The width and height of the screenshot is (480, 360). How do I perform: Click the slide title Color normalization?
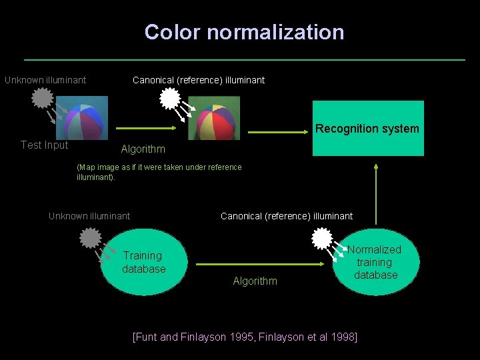(x=244, y=32)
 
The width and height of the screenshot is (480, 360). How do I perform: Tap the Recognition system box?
(x=367, y=129)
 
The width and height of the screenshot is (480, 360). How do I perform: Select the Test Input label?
(x=44, y=145)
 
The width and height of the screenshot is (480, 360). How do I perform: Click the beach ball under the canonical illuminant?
(x=214, y=118)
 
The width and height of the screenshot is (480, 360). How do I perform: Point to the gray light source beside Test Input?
(x=42, y=99)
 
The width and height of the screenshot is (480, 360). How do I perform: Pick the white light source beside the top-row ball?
(x=170, y=99)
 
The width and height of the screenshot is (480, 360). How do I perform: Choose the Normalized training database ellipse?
(x=375, y=262)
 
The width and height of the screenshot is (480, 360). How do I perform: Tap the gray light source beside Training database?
(x=90, y=237)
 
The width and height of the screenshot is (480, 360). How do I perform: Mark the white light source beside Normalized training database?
(x=322, y=238)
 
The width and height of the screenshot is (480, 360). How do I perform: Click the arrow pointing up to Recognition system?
(x=376, y=193)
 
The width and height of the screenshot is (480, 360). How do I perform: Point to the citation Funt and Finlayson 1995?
(x=245, y=337)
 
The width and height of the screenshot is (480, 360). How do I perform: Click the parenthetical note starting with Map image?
(x=159, y=172)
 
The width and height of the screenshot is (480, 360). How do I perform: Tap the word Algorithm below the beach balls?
(x=143, y=149)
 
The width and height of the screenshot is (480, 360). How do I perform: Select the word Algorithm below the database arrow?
(x=255, y=281)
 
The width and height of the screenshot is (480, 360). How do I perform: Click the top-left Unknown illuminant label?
(x=45, y=80)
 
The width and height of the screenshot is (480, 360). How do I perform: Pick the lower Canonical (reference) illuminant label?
(x=287, y=215)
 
